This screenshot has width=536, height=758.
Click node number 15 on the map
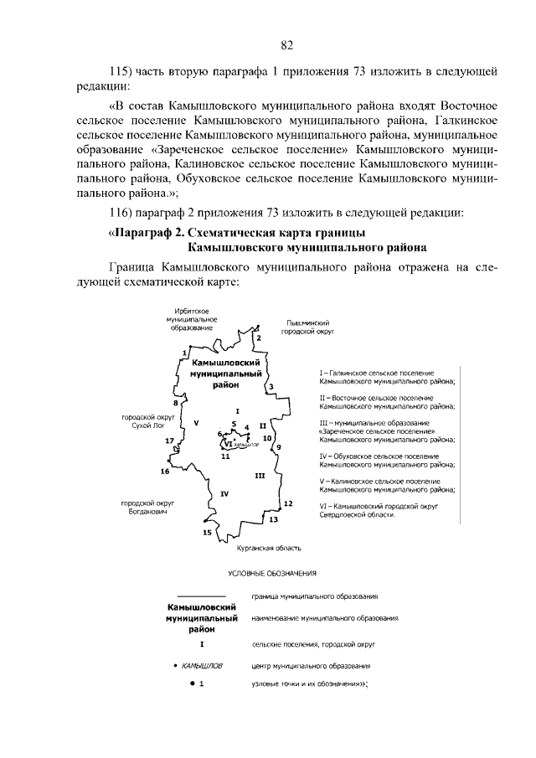[x=207, y=532]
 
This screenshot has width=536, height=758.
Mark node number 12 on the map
[x=287, y=503]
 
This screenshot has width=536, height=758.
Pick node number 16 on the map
[x=165, y=472]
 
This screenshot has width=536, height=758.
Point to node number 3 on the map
[x=271, y=387]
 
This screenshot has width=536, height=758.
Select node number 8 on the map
[x=176, y=403]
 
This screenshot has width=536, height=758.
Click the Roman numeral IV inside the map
[x=224, y=493]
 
